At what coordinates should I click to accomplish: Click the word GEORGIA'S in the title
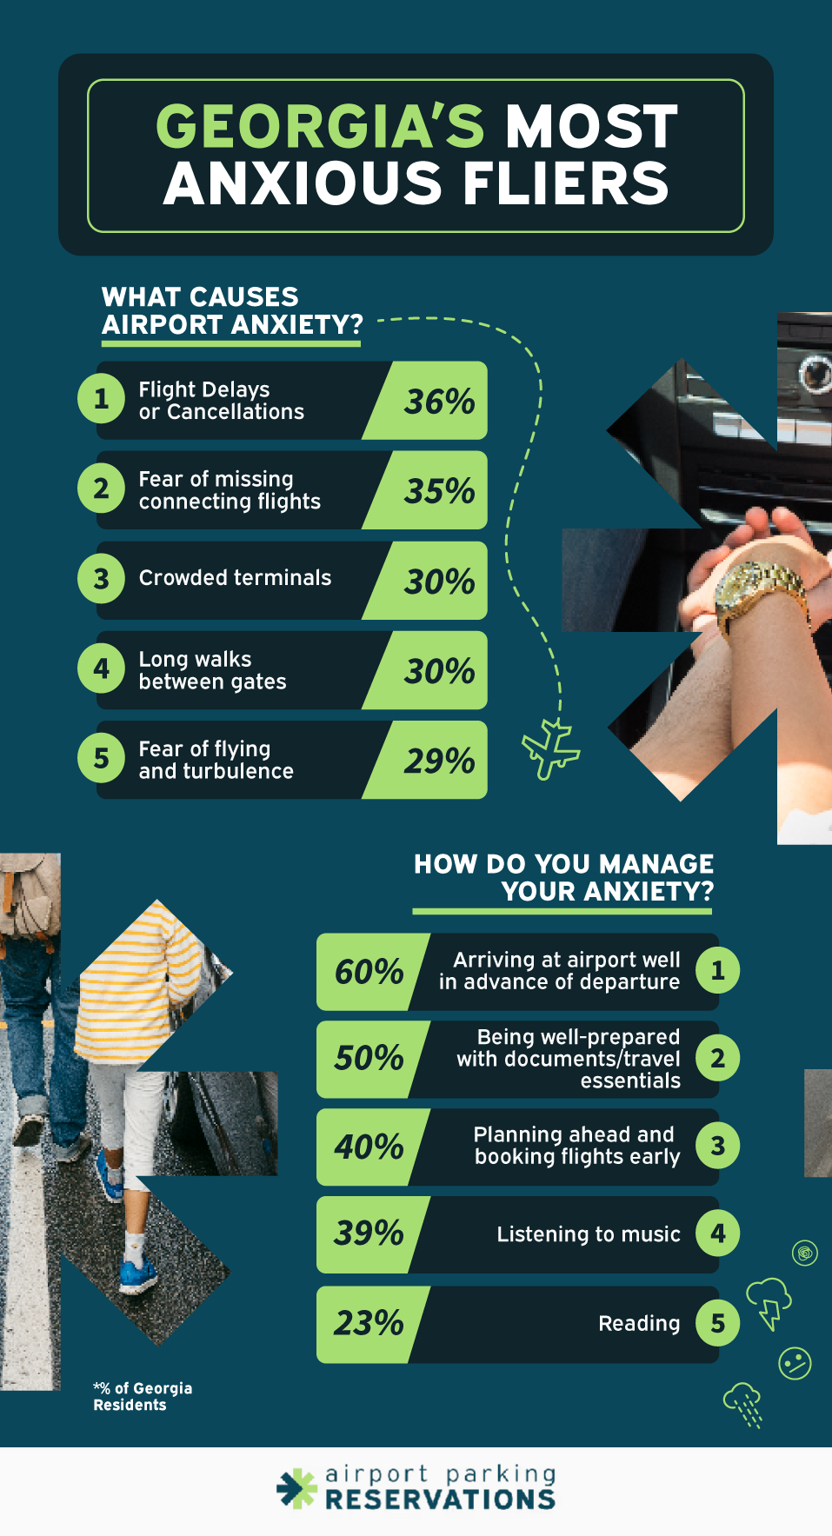pyautogui.click(x=320, y=127)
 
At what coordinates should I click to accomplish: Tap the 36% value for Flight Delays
pyautogui.click(x=439, y=402)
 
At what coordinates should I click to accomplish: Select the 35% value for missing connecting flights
pyautogui.click(x=439, y=491)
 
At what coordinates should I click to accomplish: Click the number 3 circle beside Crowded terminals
pyautogui.click(x=102, y=578)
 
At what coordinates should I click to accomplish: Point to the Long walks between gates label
pyautogui.click(x=212, y=671)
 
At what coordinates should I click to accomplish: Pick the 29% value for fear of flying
pyautogui.click(x=439, y=761)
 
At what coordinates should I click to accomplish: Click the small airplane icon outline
pyautogui.click(x=550, y=748)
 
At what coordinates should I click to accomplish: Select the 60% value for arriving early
pyautogui.click(x=369, y=972)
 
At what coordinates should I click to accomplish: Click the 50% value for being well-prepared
pyautogui.click(x=369, y=1059)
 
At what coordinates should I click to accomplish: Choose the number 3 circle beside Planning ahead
pyautogui.click(x=717, y=1147)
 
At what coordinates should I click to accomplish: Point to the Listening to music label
pyautogui.click(x=588, y=1234)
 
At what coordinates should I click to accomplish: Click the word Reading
pyautogui.click(x=639, y=1324)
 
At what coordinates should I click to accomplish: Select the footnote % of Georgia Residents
pyautogui.click(x=143, y=1397)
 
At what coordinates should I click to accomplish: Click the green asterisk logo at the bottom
pyautogui.click(x=297, y=1488)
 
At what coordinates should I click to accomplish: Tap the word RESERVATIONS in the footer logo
pyautogui.click(x=440, y=1499)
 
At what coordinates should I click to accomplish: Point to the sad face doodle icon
pyautogui.click(x=795, y=1362)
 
